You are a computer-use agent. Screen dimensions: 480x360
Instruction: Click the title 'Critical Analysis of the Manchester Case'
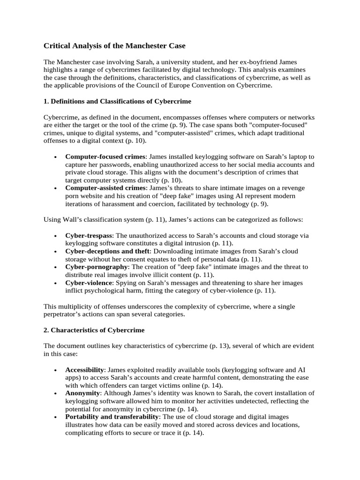[114, 45]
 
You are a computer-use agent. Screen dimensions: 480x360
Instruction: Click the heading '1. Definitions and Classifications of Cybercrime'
[117, 101]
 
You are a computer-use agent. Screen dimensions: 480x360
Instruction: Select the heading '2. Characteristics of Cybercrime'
[94, 330]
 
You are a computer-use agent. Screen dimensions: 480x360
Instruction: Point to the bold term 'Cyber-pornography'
[96, 267]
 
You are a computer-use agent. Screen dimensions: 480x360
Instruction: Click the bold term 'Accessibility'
[84, 370]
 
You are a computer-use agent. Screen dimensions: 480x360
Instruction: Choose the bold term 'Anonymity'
[82, 394]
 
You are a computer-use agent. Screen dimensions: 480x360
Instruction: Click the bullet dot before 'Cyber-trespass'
[56, 236]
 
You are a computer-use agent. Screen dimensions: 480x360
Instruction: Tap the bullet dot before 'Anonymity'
[56, 394]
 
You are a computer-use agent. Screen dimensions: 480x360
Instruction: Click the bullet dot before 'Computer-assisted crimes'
[56, 188]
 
